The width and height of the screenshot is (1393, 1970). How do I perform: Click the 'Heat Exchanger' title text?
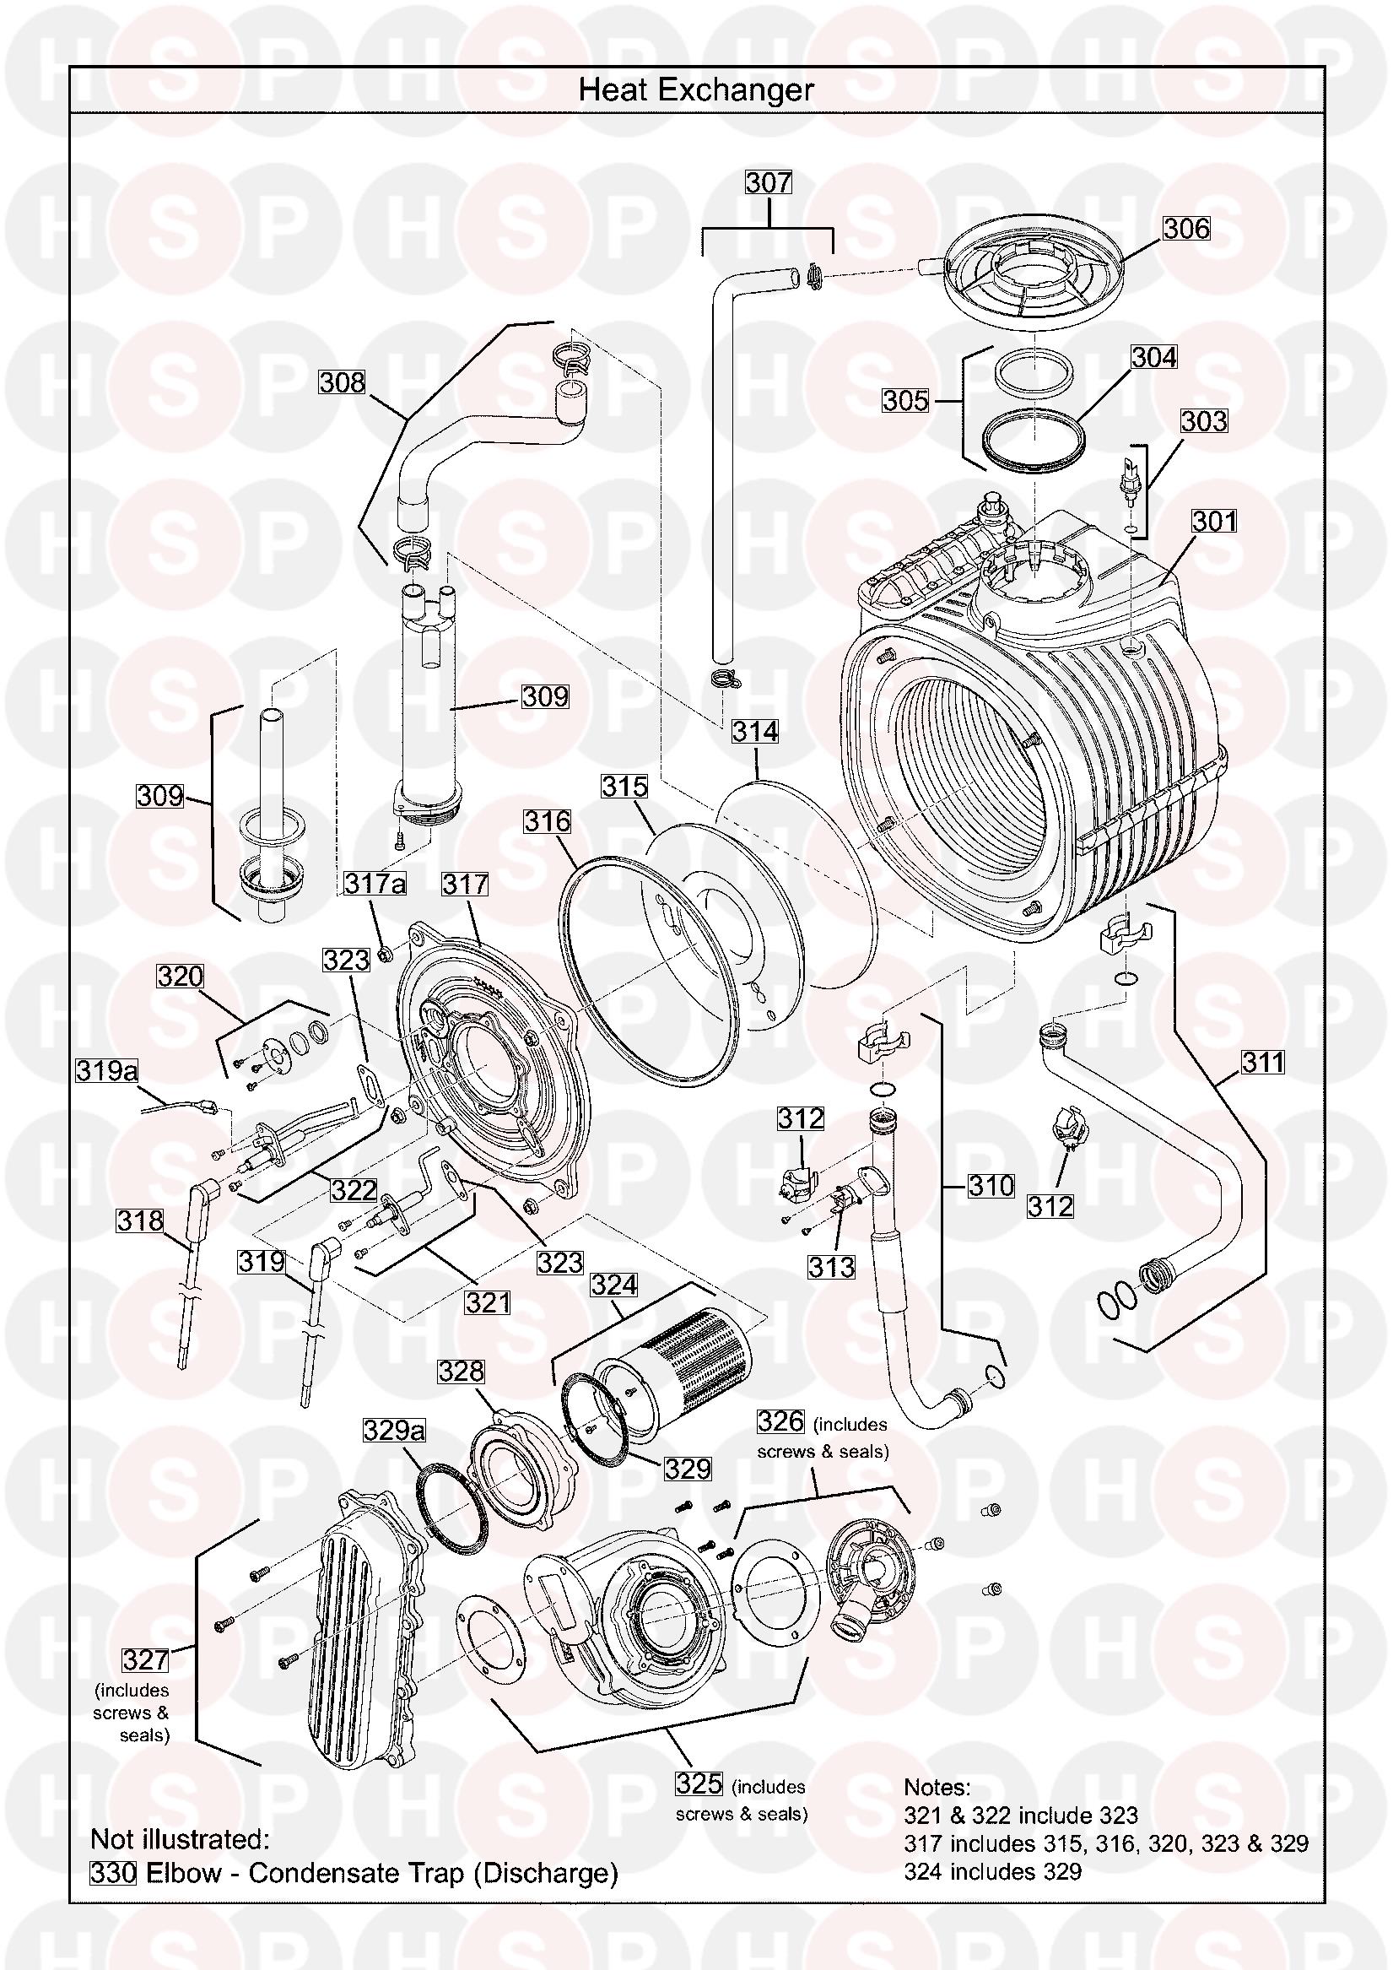pyautogui.click(x=695, y=90)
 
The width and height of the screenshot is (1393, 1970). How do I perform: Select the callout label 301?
pyautogui.click(x=1215, y=521)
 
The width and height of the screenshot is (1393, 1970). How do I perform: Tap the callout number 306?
pyautogui.click(x=1186, y=228)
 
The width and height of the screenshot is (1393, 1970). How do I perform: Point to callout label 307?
pyautogui.click(x=768, y=183)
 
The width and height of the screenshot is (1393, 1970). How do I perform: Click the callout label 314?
pyautogui.click(x=755, y=731)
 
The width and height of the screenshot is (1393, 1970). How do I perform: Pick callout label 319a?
pyautogui.click(x=107, y=1071)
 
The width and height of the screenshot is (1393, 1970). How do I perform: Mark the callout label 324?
pyautogui.click(x=614, y=1285)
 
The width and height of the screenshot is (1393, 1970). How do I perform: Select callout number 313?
pyautogui.click(x=831, y=1266)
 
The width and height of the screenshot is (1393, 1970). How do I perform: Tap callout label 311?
pyautogui.click(x=1262, y=1062)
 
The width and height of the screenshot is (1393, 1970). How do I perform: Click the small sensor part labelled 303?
pyautogui.click(x=1126, y=477)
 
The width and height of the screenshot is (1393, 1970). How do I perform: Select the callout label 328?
pyautogui.click(x=462, y=1372)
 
